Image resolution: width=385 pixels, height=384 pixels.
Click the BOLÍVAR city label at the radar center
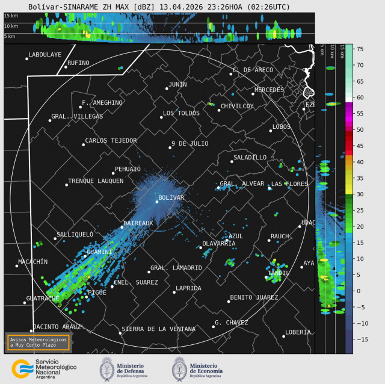[171, 197]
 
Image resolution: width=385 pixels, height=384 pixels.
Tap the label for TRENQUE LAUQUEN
[96, 181]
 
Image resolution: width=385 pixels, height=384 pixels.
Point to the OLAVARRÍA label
[219, 243]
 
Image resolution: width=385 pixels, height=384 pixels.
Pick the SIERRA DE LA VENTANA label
[158, 329]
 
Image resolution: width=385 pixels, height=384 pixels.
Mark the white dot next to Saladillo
[232, 161]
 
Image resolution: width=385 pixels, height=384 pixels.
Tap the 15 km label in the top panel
[11, 16]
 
